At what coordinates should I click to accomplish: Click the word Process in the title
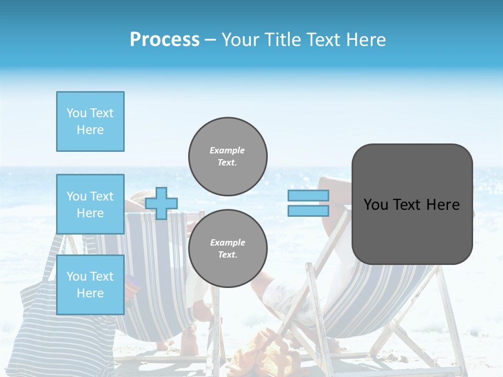(x=165, y=40)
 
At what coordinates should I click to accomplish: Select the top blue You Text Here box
(x=90, y=121)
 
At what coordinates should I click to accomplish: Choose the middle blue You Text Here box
(x=90, y=204)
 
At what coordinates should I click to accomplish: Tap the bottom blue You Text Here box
(x=90, y=285)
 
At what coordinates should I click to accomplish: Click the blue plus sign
(x=161, y=203)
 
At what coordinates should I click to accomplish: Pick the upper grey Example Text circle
(x=227, y=157)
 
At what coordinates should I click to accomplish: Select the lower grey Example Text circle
(x=227, y=249)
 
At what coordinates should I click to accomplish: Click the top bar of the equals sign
(x=308, y=195)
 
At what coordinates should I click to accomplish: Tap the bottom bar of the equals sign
(x=308, y=210)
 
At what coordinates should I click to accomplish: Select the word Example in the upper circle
(x=227, y=150)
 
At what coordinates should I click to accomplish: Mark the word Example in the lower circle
(x=227, y=242)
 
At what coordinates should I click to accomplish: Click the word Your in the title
(x=239, y=40)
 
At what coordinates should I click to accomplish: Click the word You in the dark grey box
(x=376, y=205)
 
